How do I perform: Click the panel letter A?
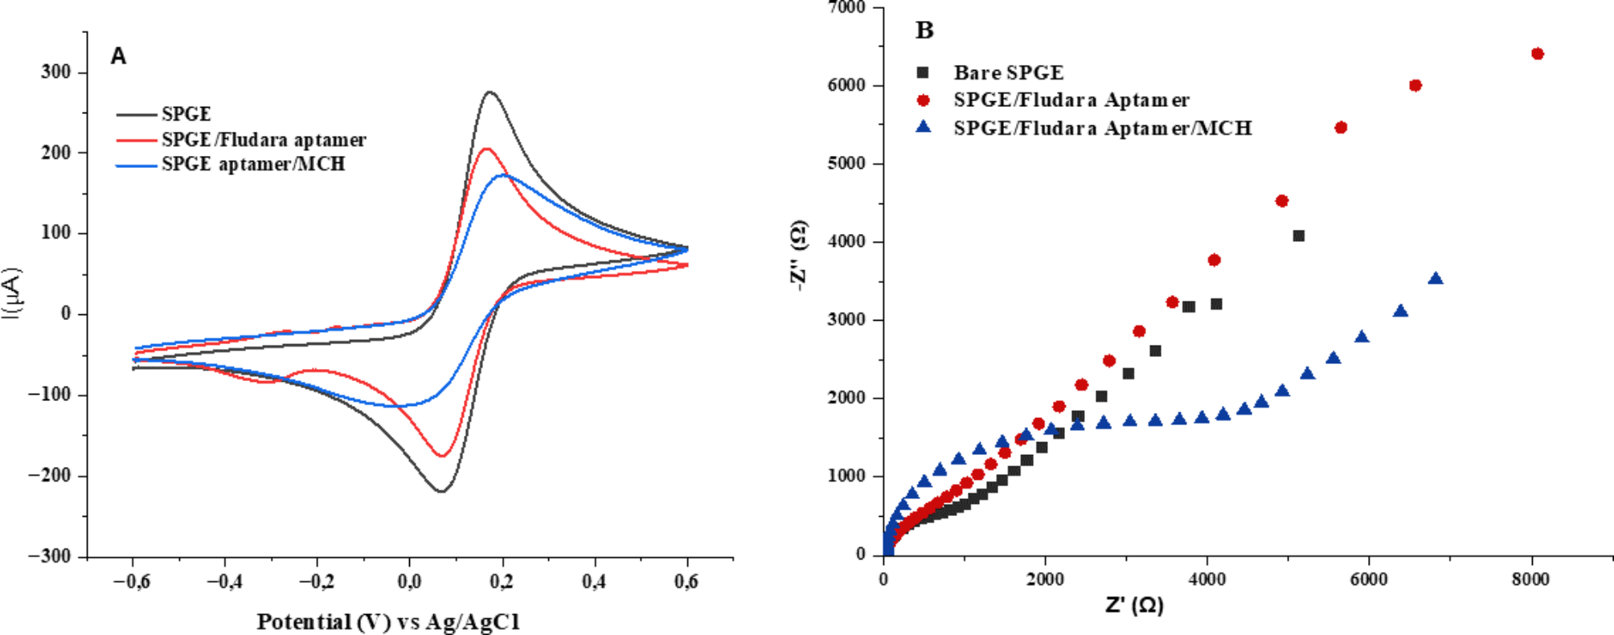point(118,56)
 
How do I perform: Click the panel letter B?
point(924,31)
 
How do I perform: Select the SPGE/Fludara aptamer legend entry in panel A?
point(263,140)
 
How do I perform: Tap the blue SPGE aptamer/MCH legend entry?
point(252,164)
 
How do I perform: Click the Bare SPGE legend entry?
point(1008,73)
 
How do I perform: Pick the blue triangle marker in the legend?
point(924,127)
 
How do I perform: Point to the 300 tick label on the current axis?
point(55,72)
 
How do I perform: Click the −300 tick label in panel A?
point(49,556)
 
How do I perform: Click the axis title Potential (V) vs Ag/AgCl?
point(388,621)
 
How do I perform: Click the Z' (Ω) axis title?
point(1134,605)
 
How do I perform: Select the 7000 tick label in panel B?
point(846,8)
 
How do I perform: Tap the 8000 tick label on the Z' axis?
point(1530,580)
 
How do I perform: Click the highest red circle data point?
point(1538,54)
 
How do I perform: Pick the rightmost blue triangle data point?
point(1436,279)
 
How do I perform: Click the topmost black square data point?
point(1298,236)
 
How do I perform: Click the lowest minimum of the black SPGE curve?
point(441,491)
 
